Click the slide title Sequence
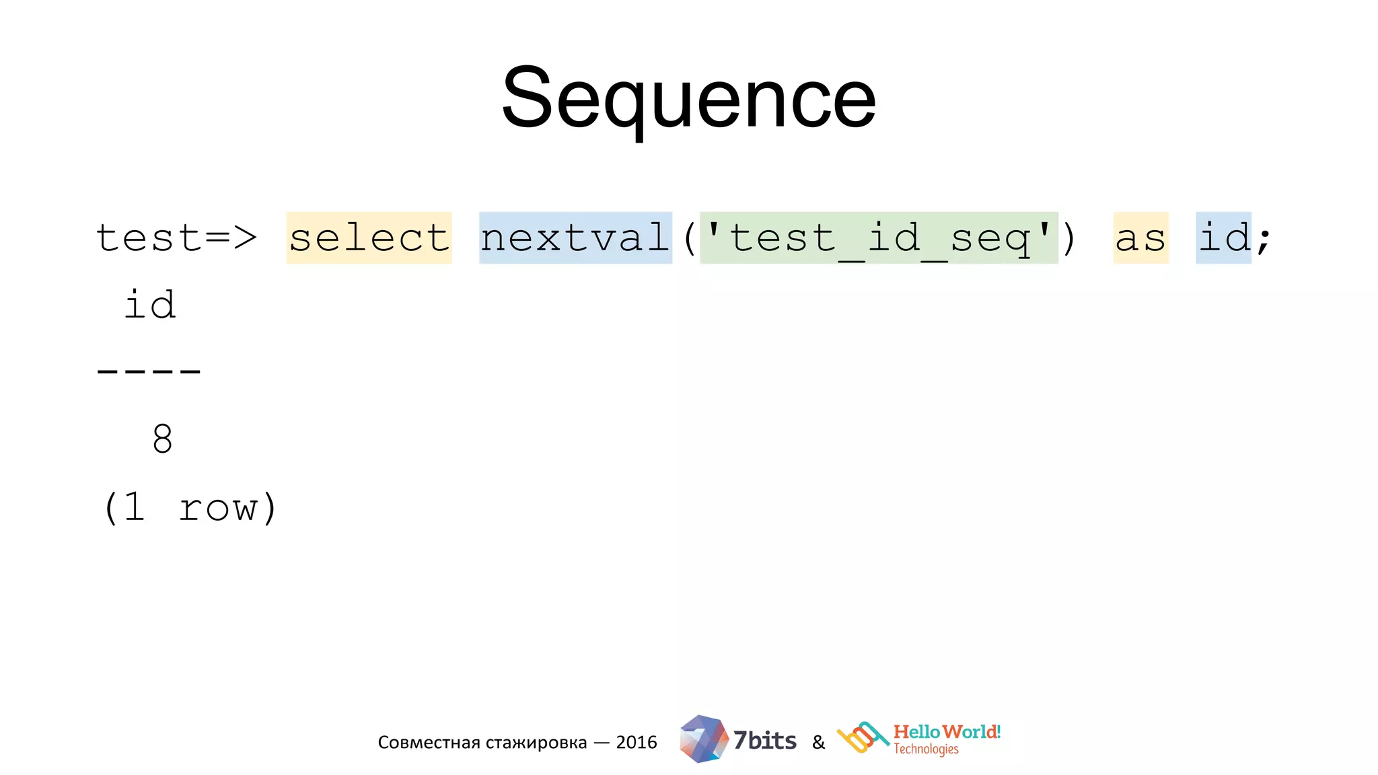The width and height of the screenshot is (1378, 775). [x=688, y=98]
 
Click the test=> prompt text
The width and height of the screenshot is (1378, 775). [x=176, y=237]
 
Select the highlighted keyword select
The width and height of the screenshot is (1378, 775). [x=369, y=237]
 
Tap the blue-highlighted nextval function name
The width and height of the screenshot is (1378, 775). [x=575, y=237]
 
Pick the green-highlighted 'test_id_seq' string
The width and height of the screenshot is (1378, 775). [x=879, y=237]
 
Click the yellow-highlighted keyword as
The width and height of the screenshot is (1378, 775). [x=1140, y=238]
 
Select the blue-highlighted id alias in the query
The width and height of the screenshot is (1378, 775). [x=1223, y=237]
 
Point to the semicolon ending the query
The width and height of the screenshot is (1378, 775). [x=1264, y=240]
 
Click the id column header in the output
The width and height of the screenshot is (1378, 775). [x=150, y=305]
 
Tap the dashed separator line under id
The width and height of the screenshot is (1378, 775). [x=149, y=371]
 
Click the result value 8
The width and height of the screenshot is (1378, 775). [x=162, y=439]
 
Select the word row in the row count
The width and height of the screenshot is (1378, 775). [x=218, y=507]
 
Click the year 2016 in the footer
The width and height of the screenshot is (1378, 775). [x=636, y=742]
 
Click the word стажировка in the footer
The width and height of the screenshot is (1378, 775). [x=536, y=743]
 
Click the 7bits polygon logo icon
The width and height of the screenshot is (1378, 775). [x=703, y=739]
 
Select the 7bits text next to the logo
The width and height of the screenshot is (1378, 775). [x=764, y=741]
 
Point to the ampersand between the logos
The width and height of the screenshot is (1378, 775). [x=818, y=743]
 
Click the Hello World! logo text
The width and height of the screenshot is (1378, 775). [x=947, y=732]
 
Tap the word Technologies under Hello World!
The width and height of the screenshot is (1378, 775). [x=926, y=749]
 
